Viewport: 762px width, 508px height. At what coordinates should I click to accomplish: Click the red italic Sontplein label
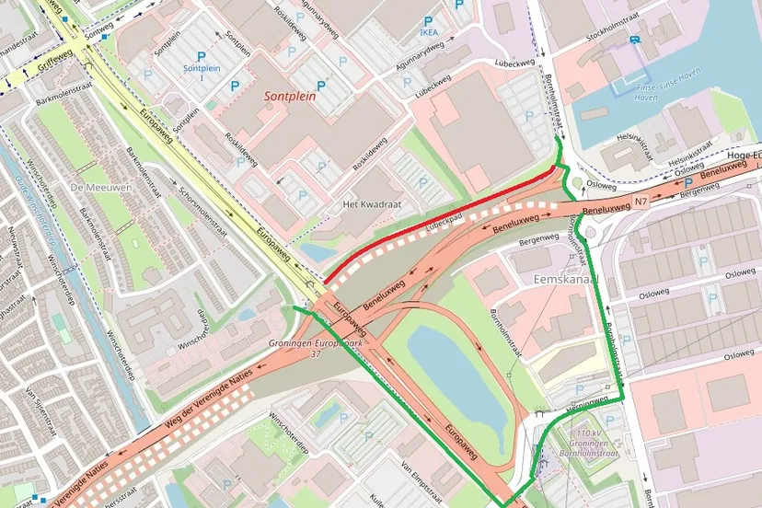[296, 96]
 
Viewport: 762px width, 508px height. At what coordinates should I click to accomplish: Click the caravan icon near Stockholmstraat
[635, 39]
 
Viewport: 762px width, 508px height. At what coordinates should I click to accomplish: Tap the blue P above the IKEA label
[427, 20]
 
